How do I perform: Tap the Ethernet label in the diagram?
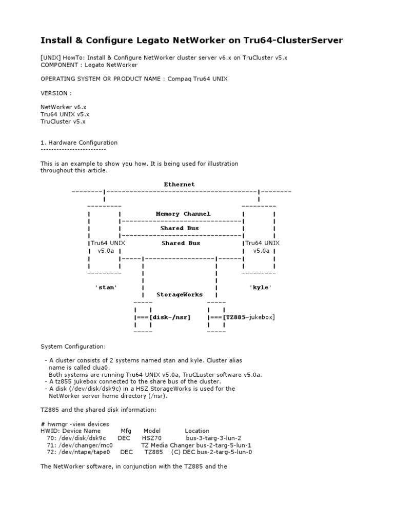tap(179, 184)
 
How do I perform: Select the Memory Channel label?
tap(183, 213)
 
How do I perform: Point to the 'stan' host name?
tap(106, 287)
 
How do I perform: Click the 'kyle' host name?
tap(261, 287)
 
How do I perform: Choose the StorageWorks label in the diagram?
tap(180, 295)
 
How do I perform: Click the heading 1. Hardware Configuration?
tap(79, 143)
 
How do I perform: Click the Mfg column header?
tap(126, 431)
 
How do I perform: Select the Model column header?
tap(152, 431)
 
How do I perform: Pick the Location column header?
tap(197, 431)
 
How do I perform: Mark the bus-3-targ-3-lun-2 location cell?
tap(213, 438)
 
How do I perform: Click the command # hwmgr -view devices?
tap(75, 424)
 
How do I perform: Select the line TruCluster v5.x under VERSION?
tap(63, 122)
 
